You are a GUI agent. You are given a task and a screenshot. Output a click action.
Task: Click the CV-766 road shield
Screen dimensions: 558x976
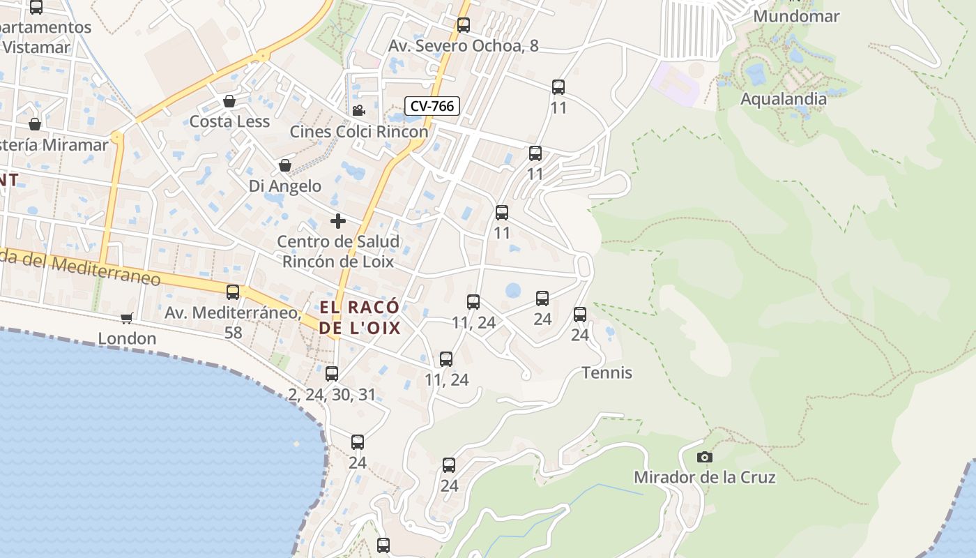(x=432, y=106)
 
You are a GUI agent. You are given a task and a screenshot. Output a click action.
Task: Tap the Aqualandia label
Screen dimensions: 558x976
(x=784, y=99)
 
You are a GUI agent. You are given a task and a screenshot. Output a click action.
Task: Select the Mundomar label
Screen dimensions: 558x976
(x=796, y=16)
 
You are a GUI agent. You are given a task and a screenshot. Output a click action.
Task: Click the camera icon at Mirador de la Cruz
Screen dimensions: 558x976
(x=705, y=458)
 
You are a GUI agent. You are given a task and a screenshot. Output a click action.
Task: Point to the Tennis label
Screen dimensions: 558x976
(x=607, y=372)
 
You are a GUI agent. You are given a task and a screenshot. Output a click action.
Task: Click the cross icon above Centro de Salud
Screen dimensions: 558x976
(x=338, y=222)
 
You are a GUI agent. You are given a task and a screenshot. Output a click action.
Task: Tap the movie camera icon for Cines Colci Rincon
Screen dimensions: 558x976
(x=358, y=110)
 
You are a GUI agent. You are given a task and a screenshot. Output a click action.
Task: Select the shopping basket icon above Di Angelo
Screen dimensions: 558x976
(x=284, y=166)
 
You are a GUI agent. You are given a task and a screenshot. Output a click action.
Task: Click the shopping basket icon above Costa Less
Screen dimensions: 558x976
(x=229, y=102)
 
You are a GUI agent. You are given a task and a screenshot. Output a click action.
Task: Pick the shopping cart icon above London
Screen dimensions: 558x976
(x=126, y=318)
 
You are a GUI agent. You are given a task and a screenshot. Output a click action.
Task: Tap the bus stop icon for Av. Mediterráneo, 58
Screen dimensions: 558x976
(x=233, y=292)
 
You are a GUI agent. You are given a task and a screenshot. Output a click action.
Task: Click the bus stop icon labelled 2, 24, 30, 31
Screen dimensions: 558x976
(x=332, y=374)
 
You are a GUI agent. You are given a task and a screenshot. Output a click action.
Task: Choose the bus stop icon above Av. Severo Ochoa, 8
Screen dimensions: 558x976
(x=464, y=25)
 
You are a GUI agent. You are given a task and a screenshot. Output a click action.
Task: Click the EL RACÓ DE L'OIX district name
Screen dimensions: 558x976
(x=360, y=317)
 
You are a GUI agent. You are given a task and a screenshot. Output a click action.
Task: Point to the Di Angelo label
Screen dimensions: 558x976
(x=285, y=186)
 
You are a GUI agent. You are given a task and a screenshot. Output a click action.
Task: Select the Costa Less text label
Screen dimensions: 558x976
(x=229, y=121)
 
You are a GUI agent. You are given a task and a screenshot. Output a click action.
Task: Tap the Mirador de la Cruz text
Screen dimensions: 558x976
(x=704, y=478)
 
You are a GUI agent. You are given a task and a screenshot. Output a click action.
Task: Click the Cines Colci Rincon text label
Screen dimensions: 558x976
(x=359, y=132)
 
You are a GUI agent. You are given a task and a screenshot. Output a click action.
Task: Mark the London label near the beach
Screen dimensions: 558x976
(x=127, y=338)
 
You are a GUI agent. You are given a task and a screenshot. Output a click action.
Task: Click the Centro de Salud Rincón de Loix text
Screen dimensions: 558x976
(x=338, y=252)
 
